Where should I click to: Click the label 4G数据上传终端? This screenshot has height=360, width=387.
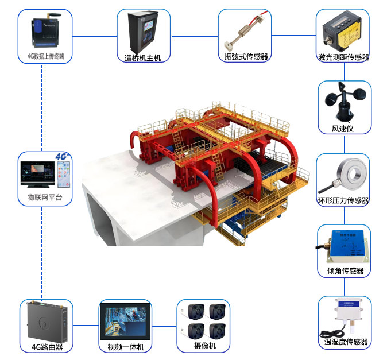(45, 57)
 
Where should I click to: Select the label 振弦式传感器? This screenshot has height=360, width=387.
(246, 57)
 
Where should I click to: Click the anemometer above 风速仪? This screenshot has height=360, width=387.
(344, 102)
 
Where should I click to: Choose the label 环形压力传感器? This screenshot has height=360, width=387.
(343, 200)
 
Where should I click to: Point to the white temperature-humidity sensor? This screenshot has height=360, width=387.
(343, 318)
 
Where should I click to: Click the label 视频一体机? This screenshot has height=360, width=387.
(126, 347)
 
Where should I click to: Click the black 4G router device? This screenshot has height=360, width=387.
(46, 322)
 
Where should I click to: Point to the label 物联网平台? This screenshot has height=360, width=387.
(45, 198)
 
